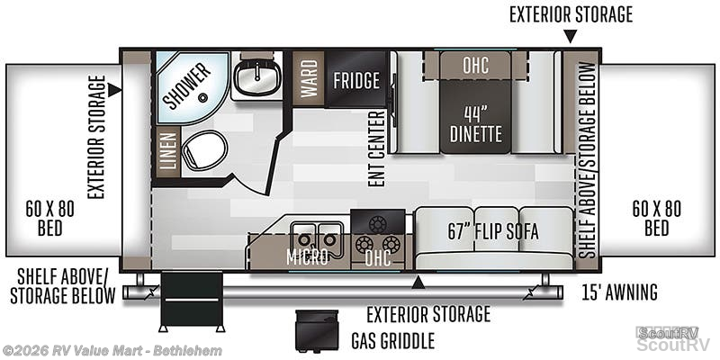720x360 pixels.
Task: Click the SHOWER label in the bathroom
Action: (187, 85)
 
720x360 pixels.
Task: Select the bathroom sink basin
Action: (257, 76)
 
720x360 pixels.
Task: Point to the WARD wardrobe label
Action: (309, 78)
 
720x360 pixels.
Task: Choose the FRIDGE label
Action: (356, 80)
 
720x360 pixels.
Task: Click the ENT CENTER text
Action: (377, 148)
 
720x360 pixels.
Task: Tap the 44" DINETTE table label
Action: (476, 123)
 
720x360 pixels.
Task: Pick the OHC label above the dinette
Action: (475, 66)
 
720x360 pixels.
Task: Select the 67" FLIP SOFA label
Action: (493, 232)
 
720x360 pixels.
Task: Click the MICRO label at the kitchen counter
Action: (307, 257)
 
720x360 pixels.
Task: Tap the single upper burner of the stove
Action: (377, 223)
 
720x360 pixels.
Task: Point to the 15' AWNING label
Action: (620, 292)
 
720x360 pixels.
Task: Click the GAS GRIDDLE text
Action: (392, 341)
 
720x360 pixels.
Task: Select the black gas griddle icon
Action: (317, 329)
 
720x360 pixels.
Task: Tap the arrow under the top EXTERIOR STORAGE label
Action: (571, 36)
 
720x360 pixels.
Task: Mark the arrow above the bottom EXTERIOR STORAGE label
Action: (418, 283)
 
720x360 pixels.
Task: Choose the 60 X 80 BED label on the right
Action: (657, 218)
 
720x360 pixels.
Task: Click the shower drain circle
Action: (202, 97)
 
